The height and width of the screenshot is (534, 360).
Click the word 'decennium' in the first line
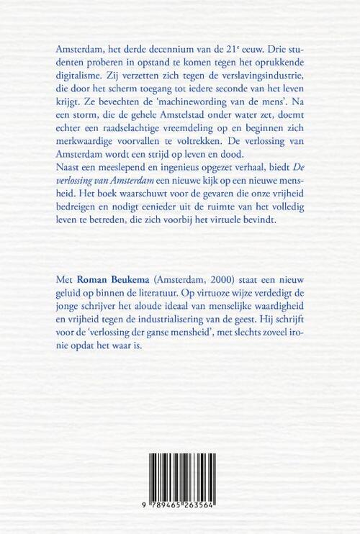168,48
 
